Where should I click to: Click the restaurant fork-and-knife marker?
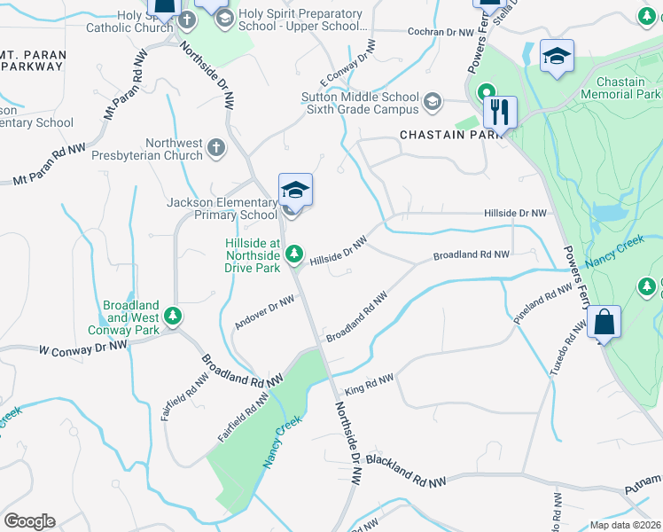(500, 112)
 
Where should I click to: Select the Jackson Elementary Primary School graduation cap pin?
(295, 190)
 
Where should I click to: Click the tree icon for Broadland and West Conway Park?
(174, 315)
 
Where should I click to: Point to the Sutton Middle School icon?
(433, 101)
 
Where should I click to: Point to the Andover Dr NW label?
(264, 313)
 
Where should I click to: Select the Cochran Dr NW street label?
(441, 32)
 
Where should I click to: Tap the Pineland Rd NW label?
(543, 303)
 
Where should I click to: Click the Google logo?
(29, 521)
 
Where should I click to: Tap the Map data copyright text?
(626, 525)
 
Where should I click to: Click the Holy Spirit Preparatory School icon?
(223, 18)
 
